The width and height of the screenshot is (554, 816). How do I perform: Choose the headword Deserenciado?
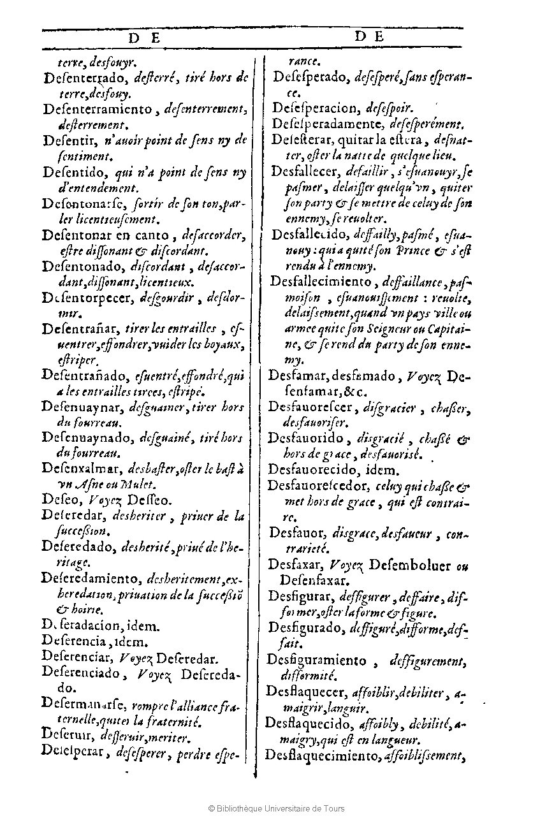82,671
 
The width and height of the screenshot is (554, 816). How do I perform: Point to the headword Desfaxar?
293,564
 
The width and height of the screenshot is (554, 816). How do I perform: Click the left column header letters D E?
144,38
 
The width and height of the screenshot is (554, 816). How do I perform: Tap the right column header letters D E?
370,36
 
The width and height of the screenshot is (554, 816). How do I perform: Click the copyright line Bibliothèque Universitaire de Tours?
276,808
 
